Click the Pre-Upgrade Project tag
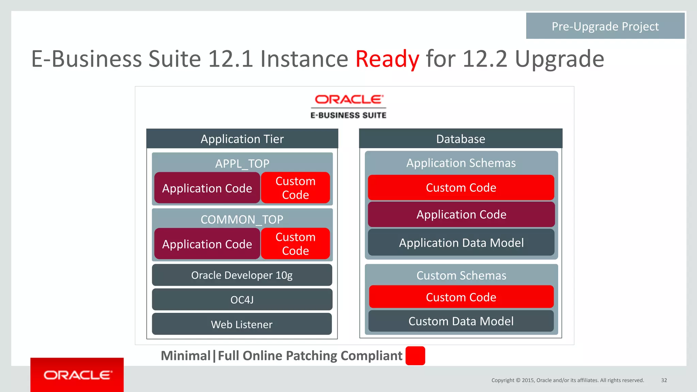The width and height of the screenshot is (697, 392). tap(605, 26)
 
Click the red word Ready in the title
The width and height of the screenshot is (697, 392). tap(387, 59)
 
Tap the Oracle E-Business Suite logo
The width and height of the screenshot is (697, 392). tap(348, 106)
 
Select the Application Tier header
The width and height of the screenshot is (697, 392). tap(242, 139)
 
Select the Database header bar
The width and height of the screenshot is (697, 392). tap(460, 139)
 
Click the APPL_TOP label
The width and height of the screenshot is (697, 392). tap(242, 164)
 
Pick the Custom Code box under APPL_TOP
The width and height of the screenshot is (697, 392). tap(295, 188)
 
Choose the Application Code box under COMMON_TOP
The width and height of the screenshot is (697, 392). tap(207, 244)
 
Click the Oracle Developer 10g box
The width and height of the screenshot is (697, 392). tap(242, 275)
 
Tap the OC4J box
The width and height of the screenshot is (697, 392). tap(242, 300)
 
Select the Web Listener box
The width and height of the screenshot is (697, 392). tap(242, 324)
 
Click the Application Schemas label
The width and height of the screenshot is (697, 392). tap(461, 163)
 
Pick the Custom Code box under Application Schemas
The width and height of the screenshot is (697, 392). tap(461, 187)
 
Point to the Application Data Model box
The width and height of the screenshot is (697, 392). tap(461, 242)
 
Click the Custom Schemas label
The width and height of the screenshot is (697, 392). tap(461, 275)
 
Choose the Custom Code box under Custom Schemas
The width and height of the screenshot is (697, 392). tap(461, 297)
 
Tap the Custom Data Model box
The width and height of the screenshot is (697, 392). tap(461, 321)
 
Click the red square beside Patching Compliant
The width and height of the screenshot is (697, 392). tap(415, 356)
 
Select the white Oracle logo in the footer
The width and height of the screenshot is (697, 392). tap(77, 375)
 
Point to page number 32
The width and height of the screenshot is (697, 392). tap(664, 380)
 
